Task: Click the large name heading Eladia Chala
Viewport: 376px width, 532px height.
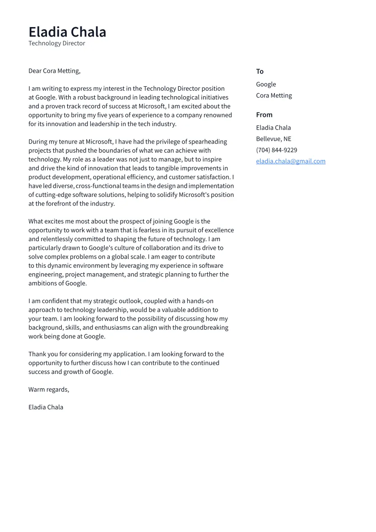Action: click(x=67, y=32)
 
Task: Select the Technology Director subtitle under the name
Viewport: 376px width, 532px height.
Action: click(x=56, y=43)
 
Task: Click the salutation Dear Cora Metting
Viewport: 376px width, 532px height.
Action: click(x=54, y=71)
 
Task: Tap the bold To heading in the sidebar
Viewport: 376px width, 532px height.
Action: click(x=260, y=71)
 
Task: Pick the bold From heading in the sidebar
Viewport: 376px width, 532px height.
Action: click(x=264, y=115)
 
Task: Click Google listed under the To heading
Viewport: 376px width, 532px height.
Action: click(x=266, y=84)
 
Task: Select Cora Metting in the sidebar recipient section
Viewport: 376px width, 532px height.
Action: click(x=274, y=95)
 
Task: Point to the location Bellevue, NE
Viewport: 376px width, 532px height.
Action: click(x=274, y=139)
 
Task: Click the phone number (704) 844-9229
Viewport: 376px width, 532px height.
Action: click(x=276, y=150)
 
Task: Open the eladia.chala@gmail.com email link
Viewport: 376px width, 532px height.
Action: click(x=291, y=161)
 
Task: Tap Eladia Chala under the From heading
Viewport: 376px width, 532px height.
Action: click(x=274, y=127)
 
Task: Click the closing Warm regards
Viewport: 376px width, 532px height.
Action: click(x=49, y=389)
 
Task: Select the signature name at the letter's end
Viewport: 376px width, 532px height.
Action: click(x=46, y=407)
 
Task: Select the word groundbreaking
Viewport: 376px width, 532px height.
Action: click(x=200, y=327)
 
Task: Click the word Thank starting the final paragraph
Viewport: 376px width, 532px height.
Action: click(x=37, y=354)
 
